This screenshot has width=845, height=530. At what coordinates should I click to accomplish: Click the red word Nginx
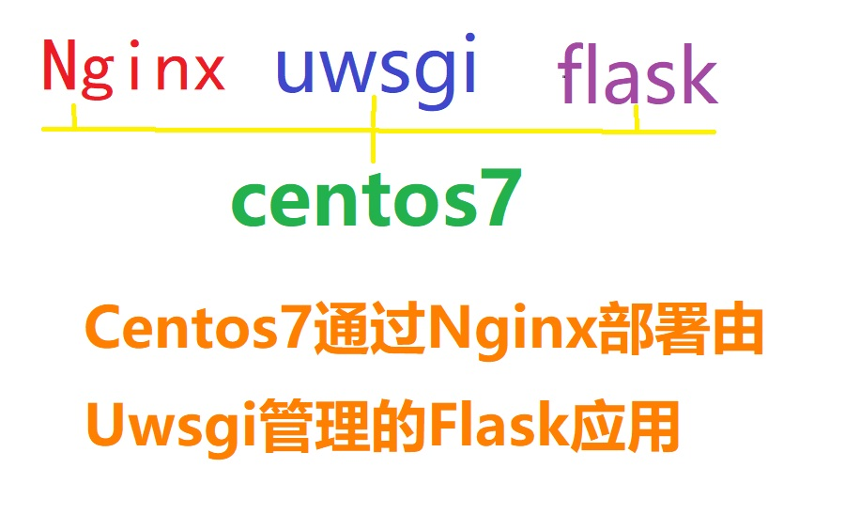133,70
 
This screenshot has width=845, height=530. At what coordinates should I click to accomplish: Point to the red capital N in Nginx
61,68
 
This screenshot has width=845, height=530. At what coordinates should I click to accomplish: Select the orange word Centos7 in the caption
197,332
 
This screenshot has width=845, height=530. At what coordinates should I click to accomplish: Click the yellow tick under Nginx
74,117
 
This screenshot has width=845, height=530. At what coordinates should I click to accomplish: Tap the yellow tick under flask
637,119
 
